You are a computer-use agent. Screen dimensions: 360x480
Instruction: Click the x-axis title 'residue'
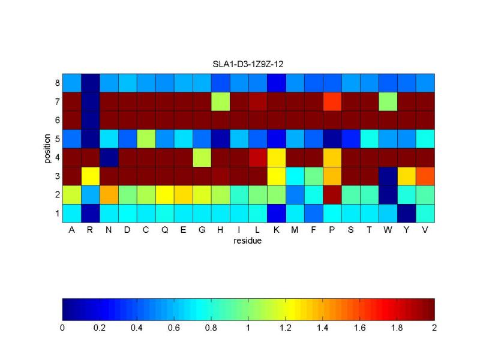248,241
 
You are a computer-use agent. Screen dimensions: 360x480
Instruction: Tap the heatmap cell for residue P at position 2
332,194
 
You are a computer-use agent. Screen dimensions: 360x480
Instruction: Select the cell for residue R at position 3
91,176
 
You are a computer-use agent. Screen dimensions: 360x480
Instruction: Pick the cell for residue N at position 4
109,157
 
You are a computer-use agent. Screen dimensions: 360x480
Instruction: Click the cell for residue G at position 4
202,157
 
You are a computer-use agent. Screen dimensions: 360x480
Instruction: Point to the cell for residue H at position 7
221,101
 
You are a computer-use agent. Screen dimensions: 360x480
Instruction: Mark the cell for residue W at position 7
388,101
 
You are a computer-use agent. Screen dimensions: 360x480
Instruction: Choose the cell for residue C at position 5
146,139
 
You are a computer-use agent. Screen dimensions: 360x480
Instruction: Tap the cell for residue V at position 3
425,176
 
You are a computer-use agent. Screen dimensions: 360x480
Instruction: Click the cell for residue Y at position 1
406,213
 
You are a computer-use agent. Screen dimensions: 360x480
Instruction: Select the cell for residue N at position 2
109,194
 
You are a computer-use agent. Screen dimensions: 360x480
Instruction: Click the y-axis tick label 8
57,82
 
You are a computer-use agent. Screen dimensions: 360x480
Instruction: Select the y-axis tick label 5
57,139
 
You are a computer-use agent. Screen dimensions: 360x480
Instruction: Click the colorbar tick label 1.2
286,328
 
